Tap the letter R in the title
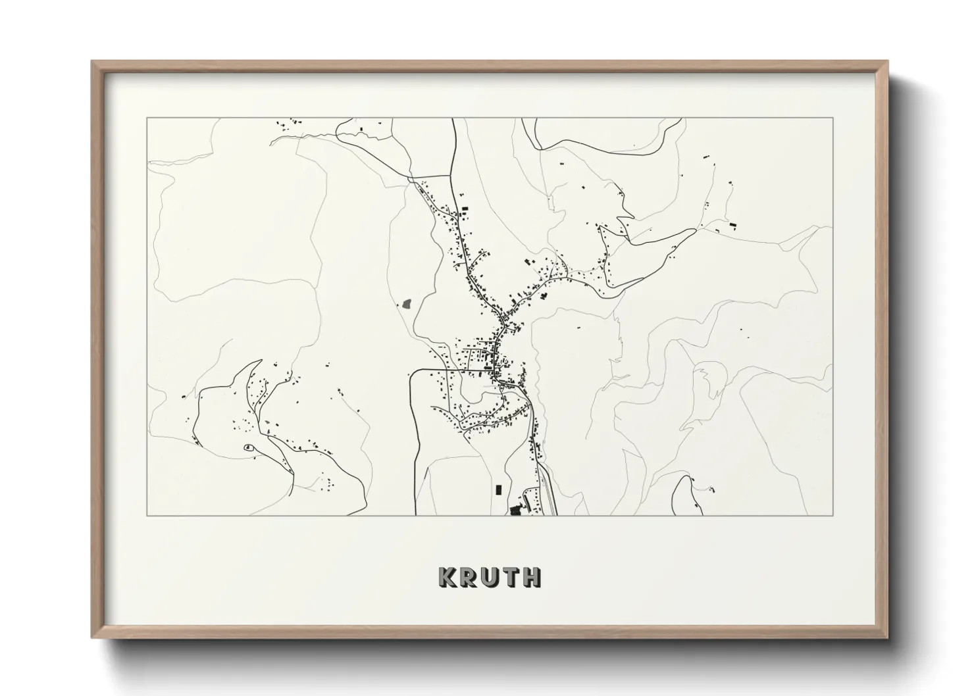[469, 577]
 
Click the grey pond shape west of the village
[406, 303]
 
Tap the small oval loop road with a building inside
[247, 448]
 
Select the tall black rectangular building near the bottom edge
[498, 489]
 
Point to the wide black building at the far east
[732, 226]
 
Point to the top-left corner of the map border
[147, 118]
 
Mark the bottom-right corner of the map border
[833, 515]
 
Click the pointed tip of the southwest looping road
[261, 360]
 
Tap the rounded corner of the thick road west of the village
[413, 375]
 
